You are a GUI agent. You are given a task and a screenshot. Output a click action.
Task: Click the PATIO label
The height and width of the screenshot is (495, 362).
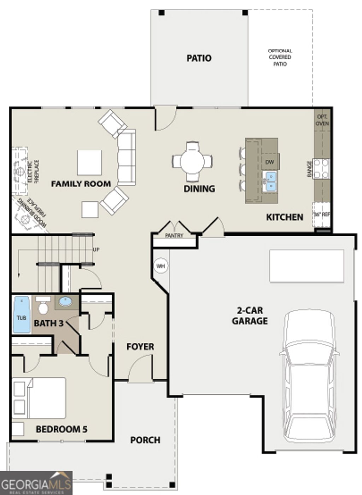(199, 58)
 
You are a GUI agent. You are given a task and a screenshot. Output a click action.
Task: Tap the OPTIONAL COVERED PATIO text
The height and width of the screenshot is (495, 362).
(280, 58)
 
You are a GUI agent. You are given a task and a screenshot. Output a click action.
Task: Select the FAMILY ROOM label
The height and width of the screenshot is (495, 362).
(81, 184)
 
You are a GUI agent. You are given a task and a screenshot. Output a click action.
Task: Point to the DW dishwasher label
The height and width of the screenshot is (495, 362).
(270, 162)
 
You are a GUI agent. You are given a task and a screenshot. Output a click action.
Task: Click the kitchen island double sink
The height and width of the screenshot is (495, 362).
(271, 181)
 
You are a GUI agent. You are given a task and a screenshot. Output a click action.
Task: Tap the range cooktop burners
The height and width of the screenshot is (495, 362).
(322, 169)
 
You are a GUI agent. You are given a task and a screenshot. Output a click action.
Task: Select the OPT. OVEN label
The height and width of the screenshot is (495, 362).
(322, 120)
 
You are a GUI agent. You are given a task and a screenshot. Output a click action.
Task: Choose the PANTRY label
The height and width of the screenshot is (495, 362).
(174, 236)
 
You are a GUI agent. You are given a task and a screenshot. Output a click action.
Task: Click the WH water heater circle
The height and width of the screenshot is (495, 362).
(160, 266)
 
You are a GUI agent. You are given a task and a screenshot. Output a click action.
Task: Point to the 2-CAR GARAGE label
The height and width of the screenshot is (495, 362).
(250, 316)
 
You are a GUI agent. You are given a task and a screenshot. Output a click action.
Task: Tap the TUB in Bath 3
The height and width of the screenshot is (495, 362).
(22, 315)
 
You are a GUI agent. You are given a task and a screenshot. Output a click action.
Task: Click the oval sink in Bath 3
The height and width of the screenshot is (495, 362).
(65, 301)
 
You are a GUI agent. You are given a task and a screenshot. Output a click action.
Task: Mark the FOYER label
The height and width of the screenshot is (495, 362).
(140, 347)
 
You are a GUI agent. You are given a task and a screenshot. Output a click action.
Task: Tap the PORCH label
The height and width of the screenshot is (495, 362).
(145, 440)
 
